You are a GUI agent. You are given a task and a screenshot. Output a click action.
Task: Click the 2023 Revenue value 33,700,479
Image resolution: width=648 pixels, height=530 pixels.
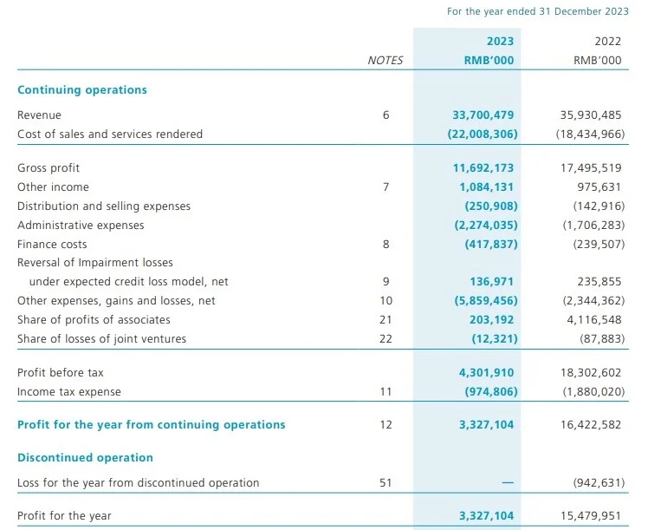point(483,115)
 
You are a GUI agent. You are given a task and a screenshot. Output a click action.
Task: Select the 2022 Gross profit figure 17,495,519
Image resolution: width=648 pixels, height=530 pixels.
point(591,168)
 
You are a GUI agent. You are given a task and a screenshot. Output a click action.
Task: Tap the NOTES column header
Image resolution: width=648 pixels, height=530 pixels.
point(386,61)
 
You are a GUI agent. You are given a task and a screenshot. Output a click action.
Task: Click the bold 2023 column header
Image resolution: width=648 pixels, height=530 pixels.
point(500,42)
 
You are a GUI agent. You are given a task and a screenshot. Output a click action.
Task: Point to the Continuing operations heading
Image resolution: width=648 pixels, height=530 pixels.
point(82,90)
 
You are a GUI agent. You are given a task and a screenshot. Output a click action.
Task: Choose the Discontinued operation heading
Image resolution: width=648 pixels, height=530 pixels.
point(85,458)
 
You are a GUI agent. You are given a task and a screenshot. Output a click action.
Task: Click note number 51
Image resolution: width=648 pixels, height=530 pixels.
point(386,483)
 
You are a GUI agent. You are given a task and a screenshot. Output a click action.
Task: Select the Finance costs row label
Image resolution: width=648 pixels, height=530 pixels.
point(52,245)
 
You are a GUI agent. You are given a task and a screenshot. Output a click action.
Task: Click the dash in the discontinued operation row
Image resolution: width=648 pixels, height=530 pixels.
point(508,482)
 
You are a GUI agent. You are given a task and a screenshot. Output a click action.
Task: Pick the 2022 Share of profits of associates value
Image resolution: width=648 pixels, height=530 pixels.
point(594,320)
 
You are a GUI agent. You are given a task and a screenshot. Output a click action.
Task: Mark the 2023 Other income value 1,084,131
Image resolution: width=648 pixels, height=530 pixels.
point(486,187)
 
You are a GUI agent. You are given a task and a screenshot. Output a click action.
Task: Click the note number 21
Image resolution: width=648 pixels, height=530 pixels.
point(386,320)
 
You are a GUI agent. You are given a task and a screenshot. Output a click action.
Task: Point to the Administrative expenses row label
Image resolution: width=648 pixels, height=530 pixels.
point(81,226)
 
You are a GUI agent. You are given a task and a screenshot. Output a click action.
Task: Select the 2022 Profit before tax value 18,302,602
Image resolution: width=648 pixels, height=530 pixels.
point(591,373)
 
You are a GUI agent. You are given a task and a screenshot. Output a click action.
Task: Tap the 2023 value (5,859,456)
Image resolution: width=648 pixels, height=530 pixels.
point(486,301)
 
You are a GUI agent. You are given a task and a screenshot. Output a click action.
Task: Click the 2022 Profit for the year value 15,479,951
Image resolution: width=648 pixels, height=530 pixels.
point(591,516)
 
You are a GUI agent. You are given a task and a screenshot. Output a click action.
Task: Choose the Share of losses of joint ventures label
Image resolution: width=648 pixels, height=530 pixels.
point(101,339)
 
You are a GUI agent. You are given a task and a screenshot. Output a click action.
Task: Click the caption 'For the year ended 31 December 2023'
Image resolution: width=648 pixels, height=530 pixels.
point(538,11)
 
